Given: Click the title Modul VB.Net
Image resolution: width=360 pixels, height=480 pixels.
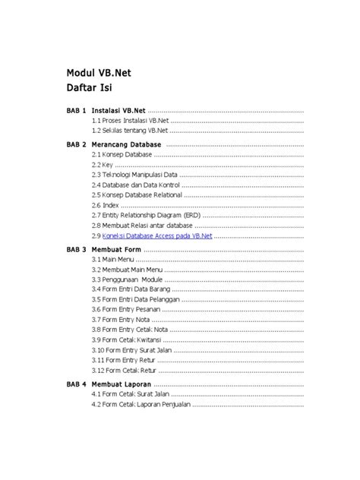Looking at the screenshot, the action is (x=100, y=74).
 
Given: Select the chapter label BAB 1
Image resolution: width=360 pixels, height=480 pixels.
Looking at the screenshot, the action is (x=76, y=110).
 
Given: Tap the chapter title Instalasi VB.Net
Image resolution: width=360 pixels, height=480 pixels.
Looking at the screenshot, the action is (x=118, y=110).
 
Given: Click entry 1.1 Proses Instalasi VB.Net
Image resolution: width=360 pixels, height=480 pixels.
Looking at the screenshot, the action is (x=130, y=121).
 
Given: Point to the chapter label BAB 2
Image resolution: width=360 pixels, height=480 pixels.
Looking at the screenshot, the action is (x=76, y=144).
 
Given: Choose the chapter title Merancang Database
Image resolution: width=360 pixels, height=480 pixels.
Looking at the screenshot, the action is (x=126, y=144).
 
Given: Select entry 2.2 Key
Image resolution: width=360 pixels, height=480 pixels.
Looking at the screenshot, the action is (x=103, y=164).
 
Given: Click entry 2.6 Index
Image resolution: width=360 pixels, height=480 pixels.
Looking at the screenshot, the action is (x=106, y=205).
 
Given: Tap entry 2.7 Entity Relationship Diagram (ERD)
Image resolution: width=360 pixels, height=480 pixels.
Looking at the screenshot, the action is (x=147, y=216).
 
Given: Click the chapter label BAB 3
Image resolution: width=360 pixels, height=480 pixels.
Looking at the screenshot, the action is (x=76, y=249).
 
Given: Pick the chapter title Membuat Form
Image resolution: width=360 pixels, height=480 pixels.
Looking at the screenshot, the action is (x=116, y=249).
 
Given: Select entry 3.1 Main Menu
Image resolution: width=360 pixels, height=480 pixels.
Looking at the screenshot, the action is (x=112, y=260).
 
